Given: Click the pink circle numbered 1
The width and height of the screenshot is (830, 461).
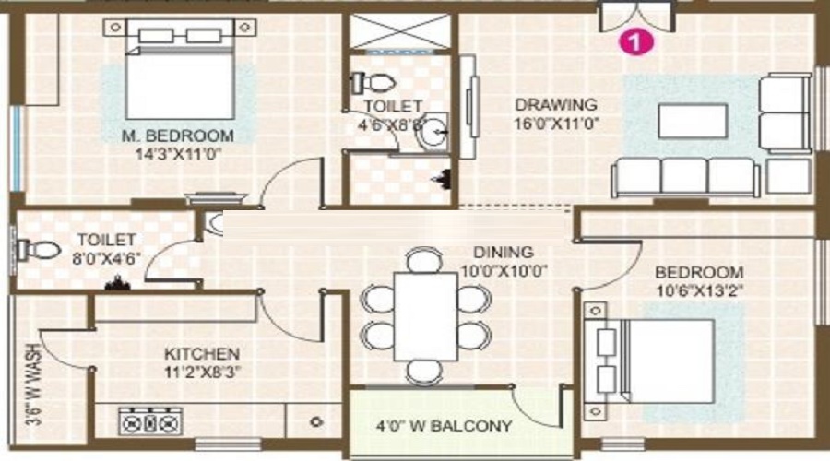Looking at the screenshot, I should (x=634, y=41).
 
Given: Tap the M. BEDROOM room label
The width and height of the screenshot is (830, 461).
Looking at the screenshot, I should (x=178, y=136).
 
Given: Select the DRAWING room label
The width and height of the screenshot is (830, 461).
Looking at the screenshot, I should (x=555, y=104).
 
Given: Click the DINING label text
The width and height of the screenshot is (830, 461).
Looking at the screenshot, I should (x=503, y=251).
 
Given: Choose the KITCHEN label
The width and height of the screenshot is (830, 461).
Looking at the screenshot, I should (x=202, y=354).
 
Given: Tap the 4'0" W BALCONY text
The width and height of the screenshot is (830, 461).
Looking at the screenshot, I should (x=443, y=427).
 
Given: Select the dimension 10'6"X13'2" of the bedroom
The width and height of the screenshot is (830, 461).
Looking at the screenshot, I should (x=699, y=290).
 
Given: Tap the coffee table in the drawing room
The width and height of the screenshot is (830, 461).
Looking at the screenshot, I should (x=692, y=120).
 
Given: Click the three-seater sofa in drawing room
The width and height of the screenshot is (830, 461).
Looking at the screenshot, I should (x=685, y=175).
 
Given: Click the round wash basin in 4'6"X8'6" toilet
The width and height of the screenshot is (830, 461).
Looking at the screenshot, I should (x=432, y=135).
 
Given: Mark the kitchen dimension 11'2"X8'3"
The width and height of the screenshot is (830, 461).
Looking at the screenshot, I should (x=202, y=373).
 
